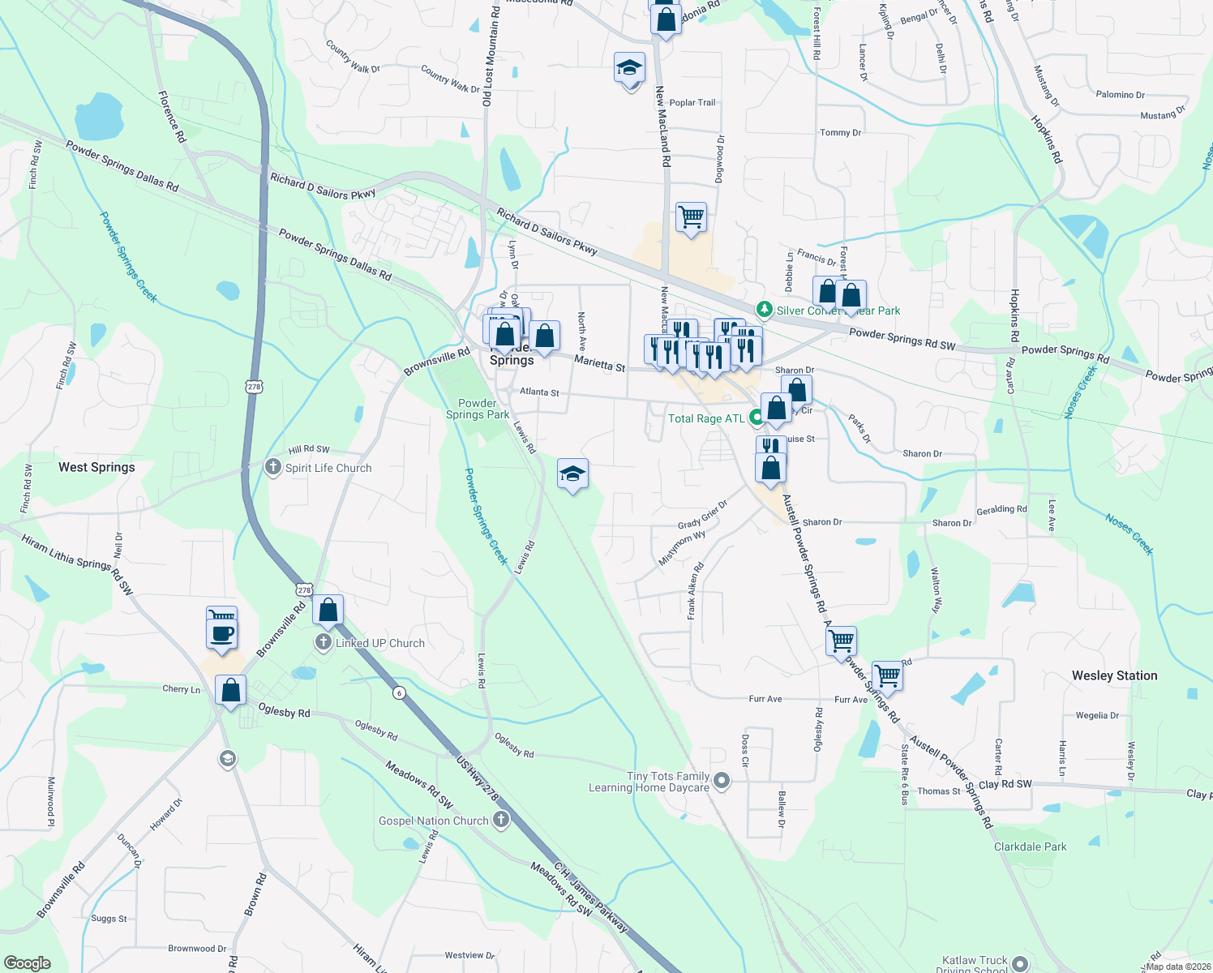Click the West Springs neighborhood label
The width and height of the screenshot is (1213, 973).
tap(96, 467)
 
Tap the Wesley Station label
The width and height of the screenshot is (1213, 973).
tap(1114, 675)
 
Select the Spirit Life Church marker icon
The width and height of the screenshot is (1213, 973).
tap(273, 467)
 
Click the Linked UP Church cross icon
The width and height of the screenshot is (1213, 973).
tap(323, 643)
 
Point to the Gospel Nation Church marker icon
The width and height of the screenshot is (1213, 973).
tap(501, 820)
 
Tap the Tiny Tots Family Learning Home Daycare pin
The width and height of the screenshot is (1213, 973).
tap(722, 781)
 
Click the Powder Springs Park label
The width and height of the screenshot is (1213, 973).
tap(478, 409)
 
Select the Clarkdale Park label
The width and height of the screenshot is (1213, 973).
tap(1030, 847)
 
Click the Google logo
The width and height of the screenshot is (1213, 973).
tap(27, 963)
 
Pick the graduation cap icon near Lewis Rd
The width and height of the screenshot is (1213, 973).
tap(572, 474)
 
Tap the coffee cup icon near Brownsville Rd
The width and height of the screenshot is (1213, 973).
tap(221, 633)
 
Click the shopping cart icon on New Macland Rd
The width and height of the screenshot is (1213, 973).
tap(691, 217)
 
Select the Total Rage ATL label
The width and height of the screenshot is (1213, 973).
tap(705, 418)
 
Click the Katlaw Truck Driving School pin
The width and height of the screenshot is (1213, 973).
tap(1019, 964)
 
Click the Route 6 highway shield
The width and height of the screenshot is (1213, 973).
tap(398, 692)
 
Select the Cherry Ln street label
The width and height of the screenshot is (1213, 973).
tap(181, 689)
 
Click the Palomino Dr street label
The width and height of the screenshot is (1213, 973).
tap(1120, 95)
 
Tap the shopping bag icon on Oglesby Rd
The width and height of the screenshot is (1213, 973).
tap(231, 691)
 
